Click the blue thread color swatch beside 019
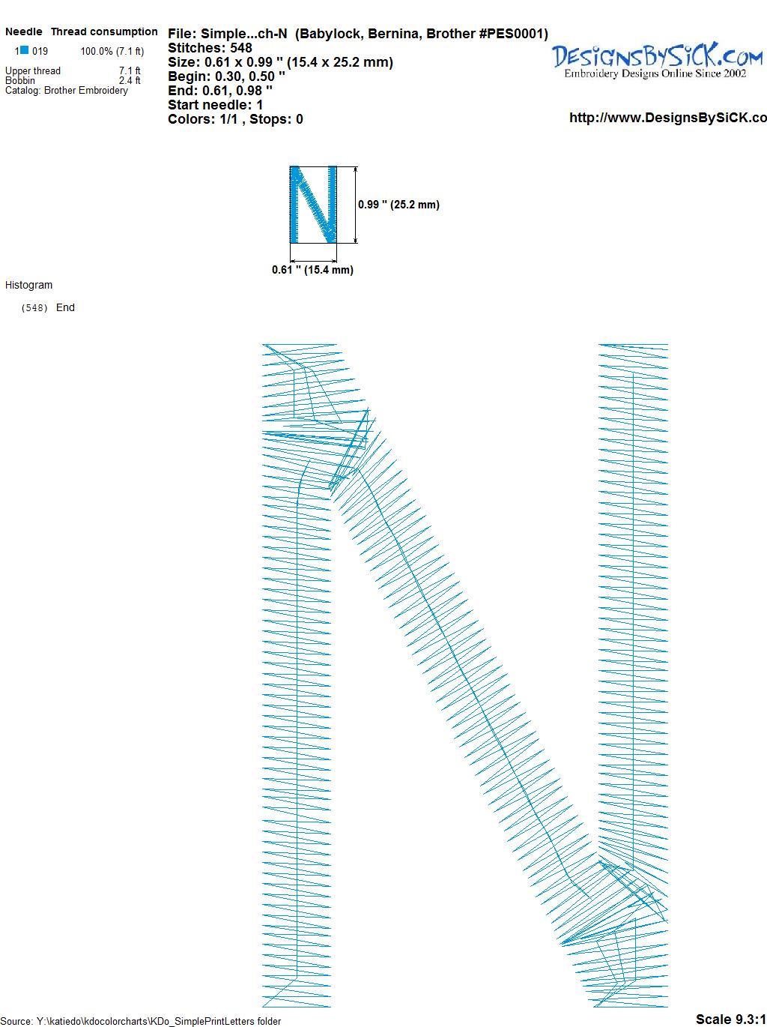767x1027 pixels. [25, 50]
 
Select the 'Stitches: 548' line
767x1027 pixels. [210, 48]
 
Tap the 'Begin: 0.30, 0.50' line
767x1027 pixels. [226, 76]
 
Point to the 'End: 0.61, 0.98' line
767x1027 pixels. [220, 90]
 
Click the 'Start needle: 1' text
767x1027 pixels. [216, 105]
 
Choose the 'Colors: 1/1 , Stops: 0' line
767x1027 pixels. [236, 119]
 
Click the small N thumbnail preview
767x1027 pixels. [313, 205]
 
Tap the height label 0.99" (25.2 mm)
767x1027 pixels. [398, 205]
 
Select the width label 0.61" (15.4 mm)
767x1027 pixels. [312, 270]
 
